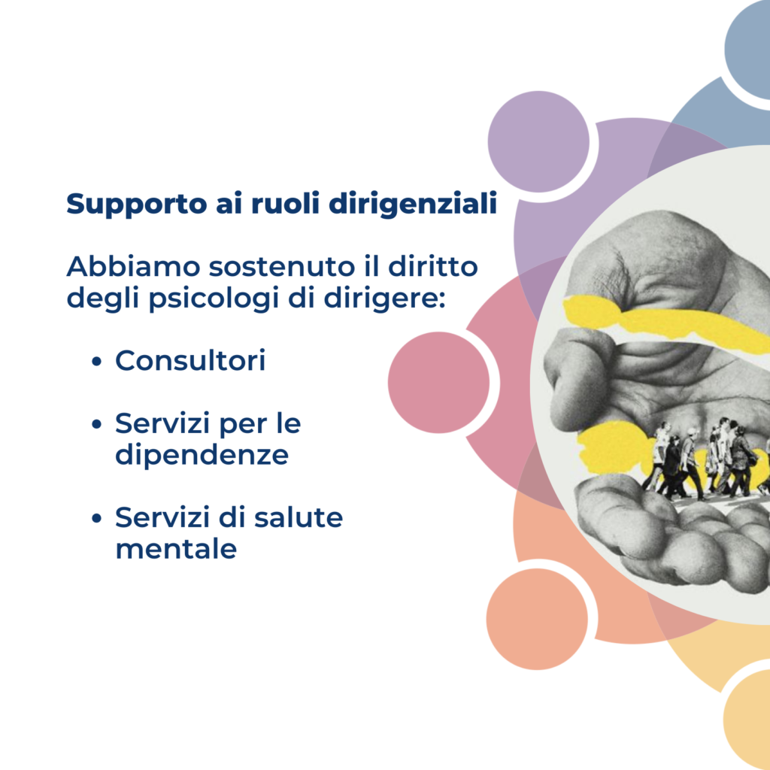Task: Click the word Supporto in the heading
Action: point(137,205)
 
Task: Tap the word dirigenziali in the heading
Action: point(413,205)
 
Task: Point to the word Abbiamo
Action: point(134,267)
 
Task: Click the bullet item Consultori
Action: point(190,360)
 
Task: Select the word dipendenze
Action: point(202,455)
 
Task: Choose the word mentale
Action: point(176,548)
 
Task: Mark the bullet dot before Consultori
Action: point(97,362)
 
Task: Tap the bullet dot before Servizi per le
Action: point(97,424)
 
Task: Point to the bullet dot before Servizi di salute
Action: point(97,518)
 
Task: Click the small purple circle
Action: point(538,141)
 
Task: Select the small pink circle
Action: point(438,383)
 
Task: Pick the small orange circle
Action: point(537,620)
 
